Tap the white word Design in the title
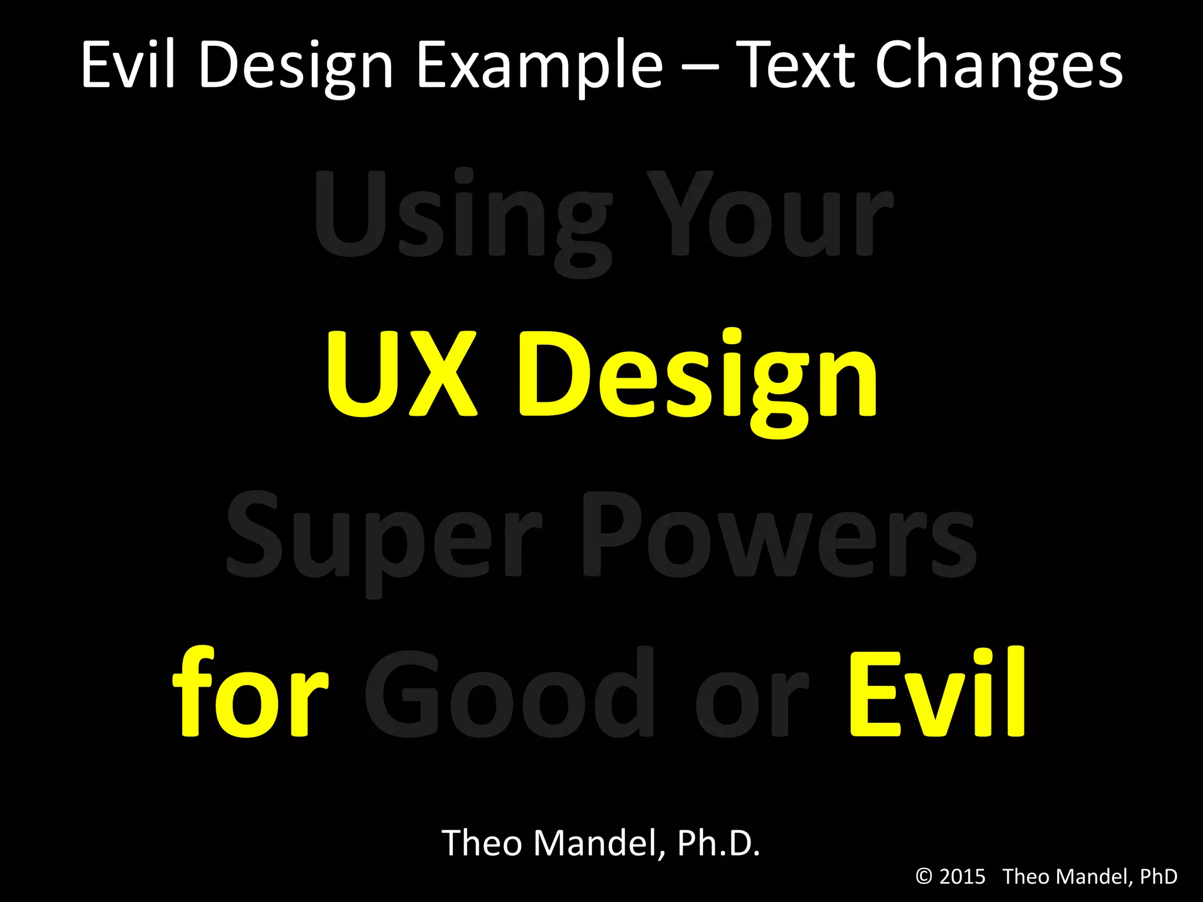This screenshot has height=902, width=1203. pyautogui.click(x=295, y=66)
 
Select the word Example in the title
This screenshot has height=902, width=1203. pyautogui.click(x=539, y=66)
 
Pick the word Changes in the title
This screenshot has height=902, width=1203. pyautogui.click(x=999, y=66)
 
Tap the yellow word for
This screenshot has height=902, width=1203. pyautogui.click(x=250, y=693)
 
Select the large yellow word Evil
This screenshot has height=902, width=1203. pyautogui.click(x=937, y=693)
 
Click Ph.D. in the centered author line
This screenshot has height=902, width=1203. pyautogui.click(x=718, y=843)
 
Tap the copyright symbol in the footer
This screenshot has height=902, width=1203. pyautogui.click(x=924, y=877)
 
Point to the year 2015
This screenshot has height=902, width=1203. pyautogui.click(x=962, y=877)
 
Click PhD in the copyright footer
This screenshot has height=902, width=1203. pyautogui.click(x=1158, y=877)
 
